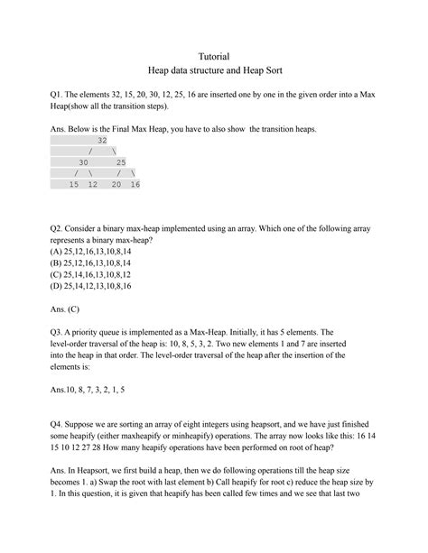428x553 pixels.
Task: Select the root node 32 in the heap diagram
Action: (102, 141)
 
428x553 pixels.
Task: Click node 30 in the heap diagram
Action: (88, 162)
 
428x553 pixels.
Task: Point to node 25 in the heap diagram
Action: (121, 162)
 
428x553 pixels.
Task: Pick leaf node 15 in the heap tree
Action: (74, 184)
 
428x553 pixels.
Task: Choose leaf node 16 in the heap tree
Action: (135, 184)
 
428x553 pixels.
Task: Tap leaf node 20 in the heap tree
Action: (116, 184)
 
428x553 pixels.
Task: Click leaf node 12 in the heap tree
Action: (92, 184)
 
